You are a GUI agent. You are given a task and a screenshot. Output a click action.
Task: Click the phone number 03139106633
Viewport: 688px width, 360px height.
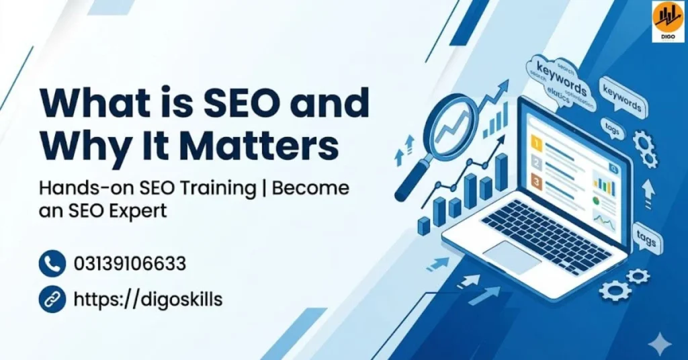[x=130, y=263]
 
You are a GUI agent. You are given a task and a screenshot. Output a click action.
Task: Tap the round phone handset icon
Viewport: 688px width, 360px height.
[x=52, y=263]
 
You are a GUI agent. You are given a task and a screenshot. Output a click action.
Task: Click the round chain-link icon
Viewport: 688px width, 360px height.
[x=52, y=299]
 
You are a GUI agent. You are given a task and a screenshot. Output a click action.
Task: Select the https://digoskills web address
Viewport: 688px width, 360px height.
[x=148, y=299]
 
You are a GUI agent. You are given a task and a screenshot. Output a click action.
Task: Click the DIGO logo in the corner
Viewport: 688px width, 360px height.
[x=668, y=21]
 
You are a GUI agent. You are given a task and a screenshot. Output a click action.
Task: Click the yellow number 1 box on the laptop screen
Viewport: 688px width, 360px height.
[x=536, y=142]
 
